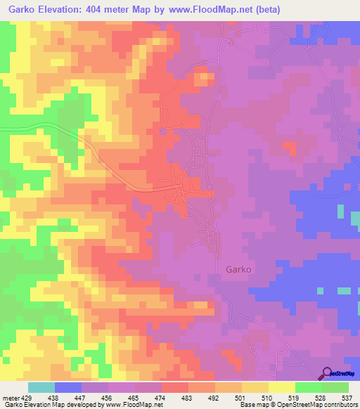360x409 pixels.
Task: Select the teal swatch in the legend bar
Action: point(41,387)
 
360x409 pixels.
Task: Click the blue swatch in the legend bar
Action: point(68,387)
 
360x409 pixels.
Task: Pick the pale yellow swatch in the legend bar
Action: point(282,387)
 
